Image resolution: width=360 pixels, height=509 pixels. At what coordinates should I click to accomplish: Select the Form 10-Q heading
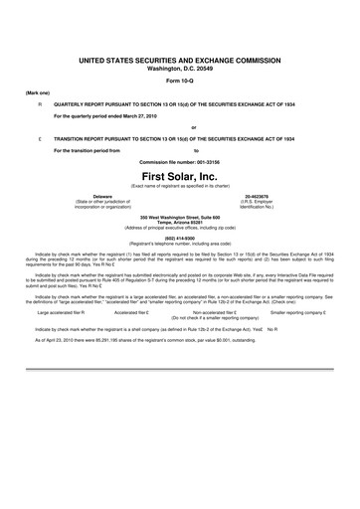tap(179, 82)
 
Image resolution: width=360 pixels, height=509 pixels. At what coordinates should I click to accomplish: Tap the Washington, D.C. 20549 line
tap(179, 69)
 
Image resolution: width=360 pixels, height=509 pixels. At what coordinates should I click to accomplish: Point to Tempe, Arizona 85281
tap(179, 221)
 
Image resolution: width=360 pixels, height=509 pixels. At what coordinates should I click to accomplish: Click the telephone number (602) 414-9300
tap(179, 235)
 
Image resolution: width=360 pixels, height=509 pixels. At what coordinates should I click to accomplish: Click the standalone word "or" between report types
tap(179, 127)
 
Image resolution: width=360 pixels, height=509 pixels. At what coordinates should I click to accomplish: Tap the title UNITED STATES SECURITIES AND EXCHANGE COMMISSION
tap(179, 61)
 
